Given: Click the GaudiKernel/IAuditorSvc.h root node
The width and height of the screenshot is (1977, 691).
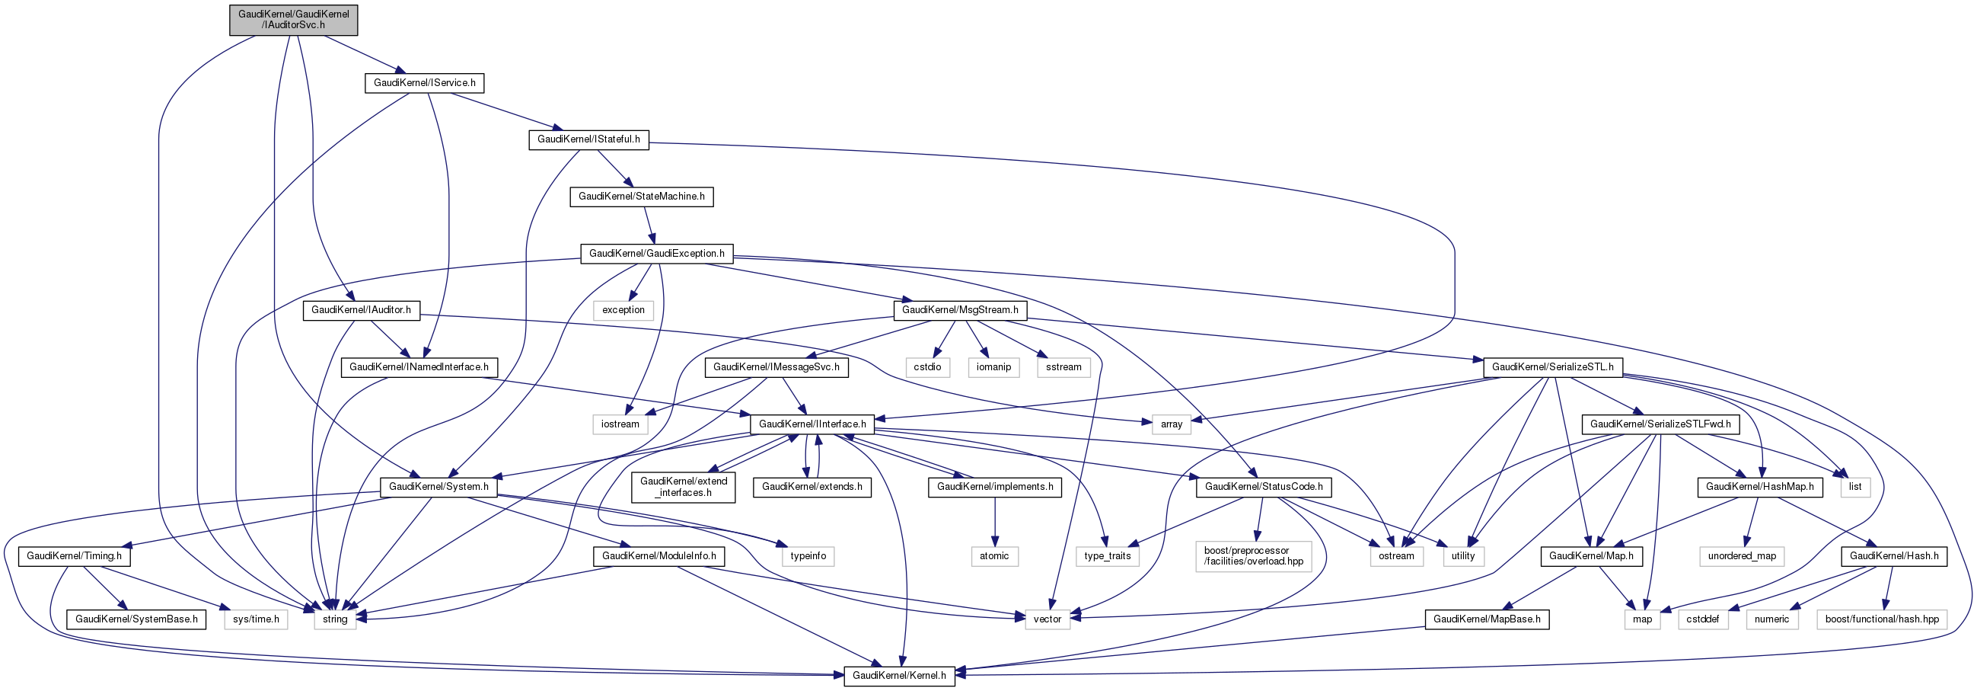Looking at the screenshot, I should point(293,19).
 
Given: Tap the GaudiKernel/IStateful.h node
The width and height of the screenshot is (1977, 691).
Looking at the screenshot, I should point(588,139).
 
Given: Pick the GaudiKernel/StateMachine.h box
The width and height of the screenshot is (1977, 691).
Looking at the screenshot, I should point(641,197).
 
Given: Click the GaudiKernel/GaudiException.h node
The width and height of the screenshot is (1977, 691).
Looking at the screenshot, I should point(656,254).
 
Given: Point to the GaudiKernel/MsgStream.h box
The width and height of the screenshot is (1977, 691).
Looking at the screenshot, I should point(959,310).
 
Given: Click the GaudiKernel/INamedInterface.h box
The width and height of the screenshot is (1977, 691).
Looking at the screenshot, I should point(418,367).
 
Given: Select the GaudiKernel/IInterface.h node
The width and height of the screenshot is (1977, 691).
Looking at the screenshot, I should point(812,424).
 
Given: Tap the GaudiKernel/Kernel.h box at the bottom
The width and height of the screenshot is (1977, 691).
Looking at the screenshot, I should point(899,676).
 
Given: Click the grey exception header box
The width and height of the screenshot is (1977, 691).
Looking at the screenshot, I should point(623,310).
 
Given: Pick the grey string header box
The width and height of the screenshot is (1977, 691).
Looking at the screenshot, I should point(335,619).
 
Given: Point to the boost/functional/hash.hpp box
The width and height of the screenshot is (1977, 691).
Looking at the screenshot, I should point(1881,619).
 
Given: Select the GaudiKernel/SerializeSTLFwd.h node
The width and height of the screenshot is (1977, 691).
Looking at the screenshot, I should point(1660,424).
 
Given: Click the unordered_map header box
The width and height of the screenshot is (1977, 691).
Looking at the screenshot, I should point(1740,556).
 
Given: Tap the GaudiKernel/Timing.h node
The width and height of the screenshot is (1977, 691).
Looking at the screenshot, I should point(74,556).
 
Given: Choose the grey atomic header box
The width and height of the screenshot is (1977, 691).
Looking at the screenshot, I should point(994,556).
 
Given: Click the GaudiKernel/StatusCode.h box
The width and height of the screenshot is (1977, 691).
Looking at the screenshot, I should point(1263,487).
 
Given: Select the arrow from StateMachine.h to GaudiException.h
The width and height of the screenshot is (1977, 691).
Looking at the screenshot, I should point(649,225).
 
